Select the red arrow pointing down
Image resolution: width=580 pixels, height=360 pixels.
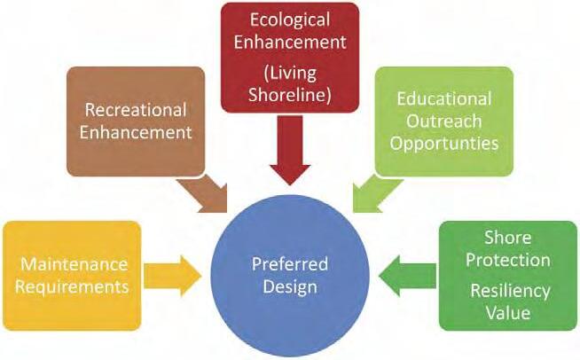(x=290, y=160)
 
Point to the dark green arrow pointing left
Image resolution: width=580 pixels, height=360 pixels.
(x=409, y=272)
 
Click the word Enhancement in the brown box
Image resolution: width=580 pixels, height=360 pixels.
(x=135, y=133)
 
